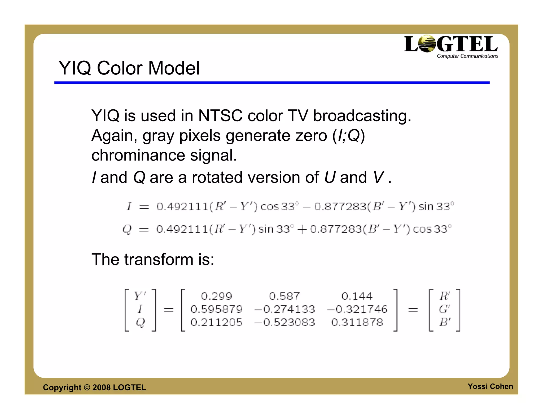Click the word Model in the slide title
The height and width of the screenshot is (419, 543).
pos(174,68)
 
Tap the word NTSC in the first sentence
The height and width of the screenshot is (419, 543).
pos(220,116)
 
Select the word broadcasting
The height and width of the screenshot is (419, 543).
pos(362,116)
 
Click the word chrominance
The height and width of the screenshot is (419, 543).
pos(138,155)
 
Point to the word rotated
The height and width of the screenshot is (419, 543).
pos(217,177)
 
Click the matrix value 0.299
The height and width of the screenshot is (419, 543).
pos(216,296)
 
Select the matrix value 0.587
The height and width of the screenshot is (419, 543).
pos(284,296)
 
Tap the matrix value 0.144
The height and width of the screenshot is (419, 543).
pos(357,296)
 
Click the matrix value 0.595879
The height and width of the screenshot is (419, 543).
pos(216,309)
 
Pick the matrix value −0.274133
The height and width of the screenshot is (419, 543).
pos(284,309)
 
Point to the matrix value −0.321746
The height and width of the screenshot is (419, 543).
pos(357,309)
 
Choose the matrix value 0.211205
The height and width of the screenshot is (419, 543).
pos(216,322)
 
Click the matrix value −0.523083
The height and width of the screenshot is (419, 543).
pos(284,322)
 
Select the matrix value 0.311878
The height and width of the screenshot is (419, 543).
pos(357,322)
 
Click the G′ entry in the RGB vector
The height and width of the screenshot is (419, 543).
pos(444,309)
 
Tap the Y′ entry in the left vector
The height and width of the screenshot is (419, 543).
pos(140,296)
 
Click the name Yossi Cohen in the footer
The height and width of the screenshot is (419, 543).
pos(490,386)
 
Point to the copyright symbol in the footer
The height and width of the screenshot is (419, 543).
pos(87,387)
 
